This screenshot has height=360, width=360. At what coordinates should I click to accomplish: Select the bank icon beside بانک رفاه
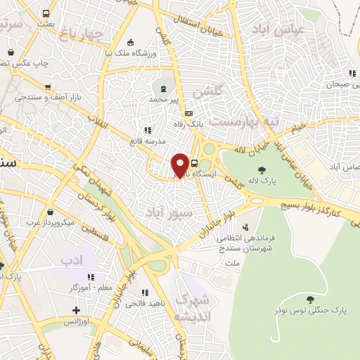(188, 114)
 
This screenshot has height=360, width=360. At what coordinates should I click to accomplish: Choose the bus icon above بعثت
(46, 13)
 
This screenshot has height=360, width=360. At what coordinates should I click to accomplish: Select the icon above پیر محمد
(164, 89)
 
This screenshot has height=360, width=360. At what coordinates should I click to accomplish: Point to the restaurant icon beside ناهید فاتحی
(146, 292)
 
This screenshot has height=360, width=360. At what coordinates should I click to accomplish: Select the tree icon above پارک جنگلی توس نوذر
(310, 299)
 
